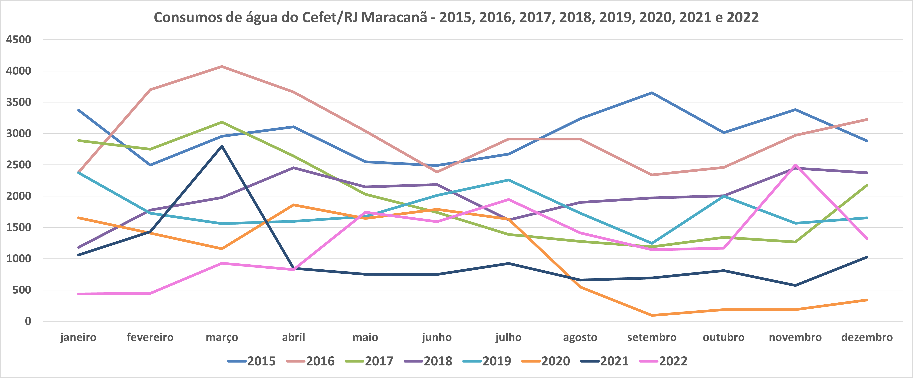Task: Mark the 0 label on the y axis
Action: coord(28,321)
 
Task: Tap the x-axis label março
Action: coord(222,337)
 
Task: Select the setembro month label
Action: coord(652,337)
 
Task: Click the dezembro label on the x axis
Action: coord(867,337)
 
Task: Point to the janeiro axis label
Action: coord(78,337)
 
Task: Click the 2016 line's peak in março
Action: coord(222,66)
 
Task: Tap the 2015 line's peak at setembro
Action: coord(652,93)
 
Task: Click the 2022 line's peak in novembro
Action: coord(795,165)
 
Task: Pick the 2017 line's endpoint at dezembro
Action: coord(867,185)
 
